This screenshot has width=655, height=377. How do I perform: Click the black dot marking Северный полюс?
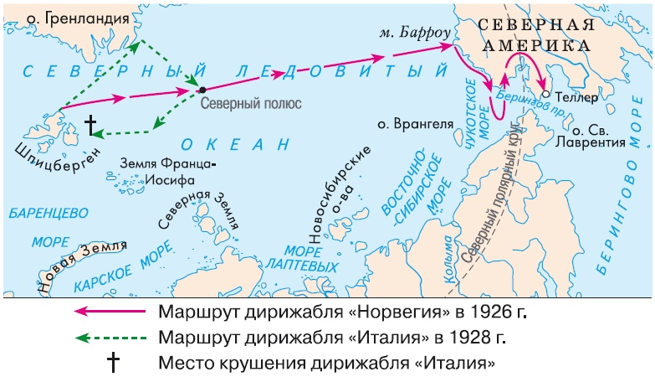202,89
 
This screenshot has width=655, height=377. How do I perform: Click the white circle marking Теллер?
545,95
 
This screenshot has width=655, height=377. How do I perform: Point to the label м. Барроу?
414,35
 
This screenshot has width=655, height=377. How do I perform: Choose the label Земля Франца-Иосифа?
169,172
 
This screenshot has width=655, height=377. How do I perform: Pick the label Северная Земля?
197,210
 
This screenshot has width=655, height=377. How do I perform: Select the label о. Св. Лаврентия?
598,137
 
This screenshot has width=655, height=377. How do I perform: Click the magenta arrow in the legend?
109,311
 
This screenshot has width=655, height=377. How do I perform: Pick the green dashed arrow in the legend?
109,338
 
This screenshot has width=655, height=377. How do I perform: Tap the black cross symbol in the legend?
110,364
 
